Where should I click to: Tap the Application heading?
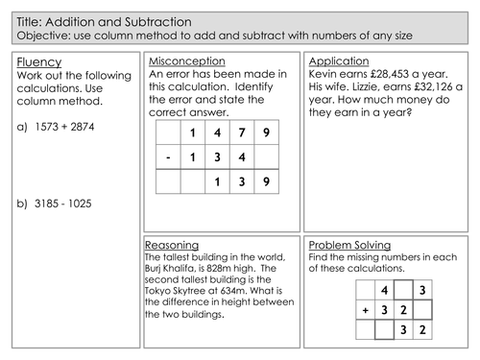tap(340, 61)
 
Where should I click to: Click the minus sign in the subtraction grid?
tap(169, 156)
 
